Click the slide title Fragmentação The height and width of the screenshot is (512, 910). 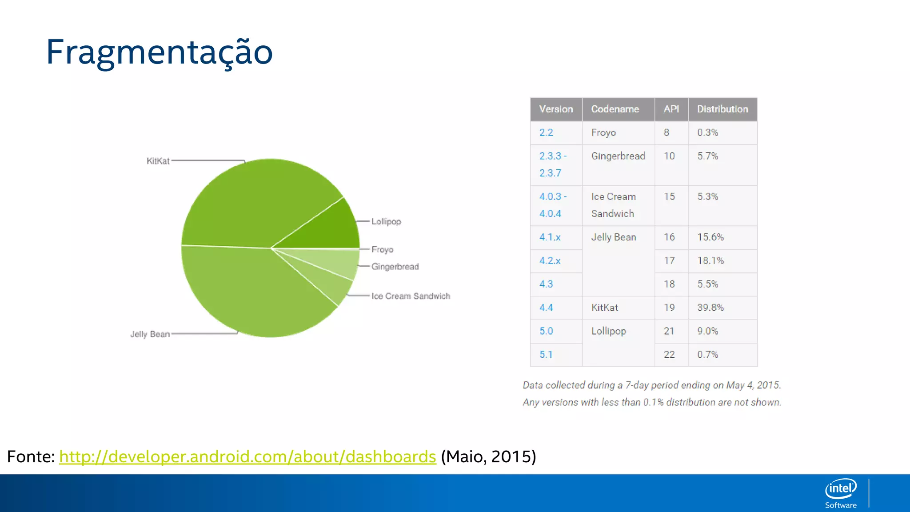tap(159, 52)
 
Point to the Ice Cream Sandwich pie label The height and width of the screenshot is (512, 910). tap(411, 296)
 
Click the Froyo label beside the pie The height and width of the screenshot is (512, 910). tap(382, 249)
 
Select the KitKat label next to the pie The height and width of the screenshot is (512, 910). tap(158, 161)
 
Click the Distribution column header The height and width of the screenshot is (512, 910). tap(722, 109)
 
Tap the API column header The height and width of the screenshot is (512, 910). tap(671, 109)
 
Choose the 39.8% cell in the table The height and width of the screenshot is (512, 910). tap(710, 308)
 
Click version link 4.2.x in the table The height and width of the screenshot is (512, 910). tap(550, 261)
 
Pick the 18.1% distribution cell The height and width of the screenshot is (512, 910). tap(710, 261)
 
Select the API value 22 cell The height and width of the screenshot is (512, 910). tap(669, 355)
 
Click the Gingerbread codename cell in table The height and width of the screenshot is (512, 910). tap(618, 156)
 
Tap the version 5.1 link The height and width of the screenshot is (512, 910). tap(546, 355)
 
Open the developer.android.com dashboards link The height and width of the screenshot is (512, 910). tap(247, 457)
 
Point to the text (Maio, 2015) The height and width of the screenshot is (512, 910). tap(488, 457)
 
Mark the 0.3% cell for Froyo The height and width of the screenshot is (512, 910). tap(707, 132)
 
